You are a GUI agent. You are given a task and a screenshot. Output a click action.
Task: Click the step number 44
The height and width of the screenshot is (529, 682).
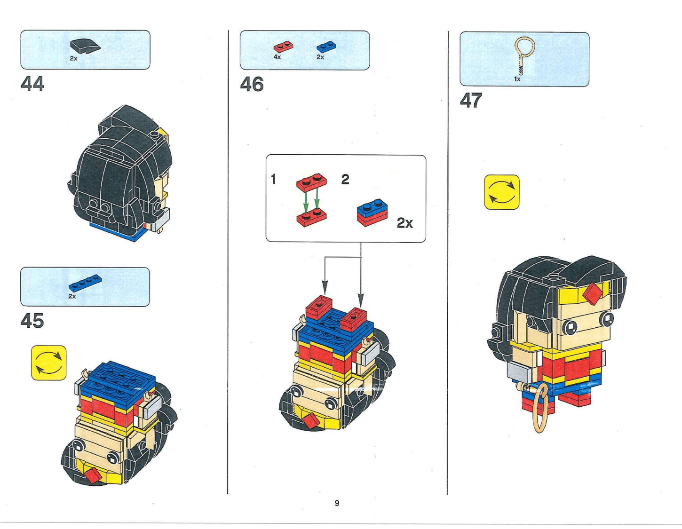pyautogui.click(x=32, y=84)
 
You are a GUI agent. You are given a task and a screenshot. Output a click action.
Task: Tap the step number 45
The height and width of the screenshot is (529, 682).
pyautogui.click(x=32, y=321)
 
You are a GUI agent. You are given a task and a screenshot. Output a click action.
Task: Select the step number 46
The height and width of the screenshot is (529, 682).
pyautogui.click(x=252, y=85)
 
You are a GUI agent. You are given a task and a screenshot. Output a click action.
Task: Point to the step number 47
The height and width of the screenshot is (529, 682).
pyautogui.click(x=471, y=100)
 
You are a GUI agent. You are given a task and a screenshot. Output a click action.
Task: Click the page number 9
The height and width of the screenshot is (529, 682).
pyautogui.click(x=337, y=503)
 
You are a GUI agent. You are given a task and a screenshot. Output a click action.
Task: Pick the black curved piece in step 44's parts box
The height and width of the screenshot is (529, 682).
pyautogui.click(x=85, y=46)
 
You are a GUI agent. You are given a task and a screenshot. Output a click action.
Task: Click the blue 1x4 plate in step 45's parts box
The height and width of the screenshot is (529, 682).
pyautogui.click(x=85, y=283)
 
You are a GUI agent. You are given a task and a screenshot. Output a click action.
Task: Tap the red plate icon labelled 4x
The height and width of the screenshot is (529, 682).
pyautogui.click(x=283, y=47)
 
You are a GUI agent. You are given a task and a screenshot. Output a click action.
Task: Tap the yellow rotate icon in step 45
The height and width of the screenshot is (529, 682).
pyautogui.click(x=49, y=363)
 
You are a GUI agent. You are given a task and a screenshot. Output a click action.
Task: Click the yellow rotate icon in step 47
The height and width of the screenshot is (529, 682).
pyautogui.click(x=502, y=192)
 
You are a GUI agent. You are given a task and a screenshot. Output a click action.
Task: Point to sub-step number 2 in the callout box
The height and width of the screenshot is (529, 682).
pyautogui.click(x=345, y=179)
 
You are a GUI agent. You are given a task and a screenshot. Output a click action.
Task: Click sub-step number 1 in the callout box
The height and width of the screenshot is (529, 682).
pyautogui.click(x=273, y=179)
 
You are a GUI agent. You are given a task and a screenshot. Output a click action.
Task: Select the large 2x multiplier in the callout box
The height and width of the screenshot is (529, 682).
pyautogui.click(x=404, y=222)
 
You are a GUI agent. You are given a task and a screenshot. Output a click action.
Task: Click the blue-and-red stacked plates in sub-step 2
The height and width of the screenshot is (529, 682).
pyautogui.click(x=372, y=212)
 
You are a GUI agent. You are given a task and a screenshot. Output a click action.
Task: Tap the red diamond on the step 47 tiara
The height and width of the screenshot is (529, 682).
pyautogui.click(x=593, y=293)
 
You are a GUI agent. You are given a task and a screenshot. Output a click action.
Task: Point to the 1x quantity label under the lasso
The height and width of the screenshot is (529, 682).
pyautogui.click(x=517, y=79)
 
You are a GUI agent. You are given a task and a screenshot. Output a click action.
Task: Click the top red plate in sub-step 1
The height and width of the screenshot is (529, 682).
pyautogui.click(x=311, y=182)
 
